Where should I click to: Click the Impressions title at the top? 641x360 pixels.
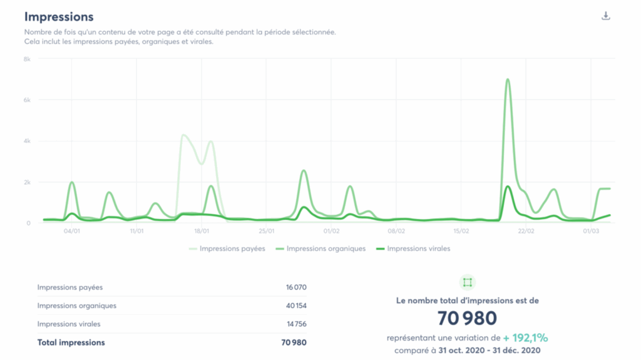coord(59,17)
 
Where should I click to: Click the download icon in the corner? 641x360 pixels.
coord(605,16)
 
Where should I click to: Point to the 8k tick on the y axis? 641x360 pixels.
coord(28,59)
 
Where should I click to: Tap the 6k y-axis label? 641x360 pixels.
coord(28,100)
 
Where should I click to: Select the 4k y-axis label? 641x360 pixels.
coord(28,141)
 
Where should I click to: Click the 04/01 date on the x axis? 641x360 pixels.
coord(72,231)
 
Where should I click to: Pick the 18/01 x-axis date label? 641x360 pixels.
coord(202,231)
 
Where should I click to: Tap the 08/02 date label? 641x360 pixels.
coord(396,231)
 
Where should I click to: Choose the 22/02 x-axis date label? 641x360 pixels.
coord(526,231)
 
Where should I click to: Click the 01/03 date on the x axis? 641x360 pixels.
coord(591,231)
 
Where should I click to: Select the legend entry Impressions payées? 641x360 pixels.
coord(227,249)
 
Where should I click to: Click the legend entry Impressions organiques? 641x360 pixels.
coord(326,249)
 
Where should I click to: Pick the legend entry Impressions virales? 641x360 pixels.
coord(418,249)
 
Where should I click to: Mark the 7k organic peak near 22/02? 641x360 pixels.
coord(507,80)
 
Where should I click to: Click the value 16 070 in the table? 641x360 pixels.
coord(296,287)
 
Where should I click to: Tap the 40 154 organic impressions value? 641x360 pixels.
coord(296,306)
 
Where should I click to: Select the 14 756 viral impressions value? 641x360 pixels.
coord(296,324)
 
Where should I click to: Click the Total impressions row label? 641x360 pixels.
coord(71,342)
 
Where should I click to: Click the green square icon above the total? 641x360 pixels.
coord(468,282)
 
